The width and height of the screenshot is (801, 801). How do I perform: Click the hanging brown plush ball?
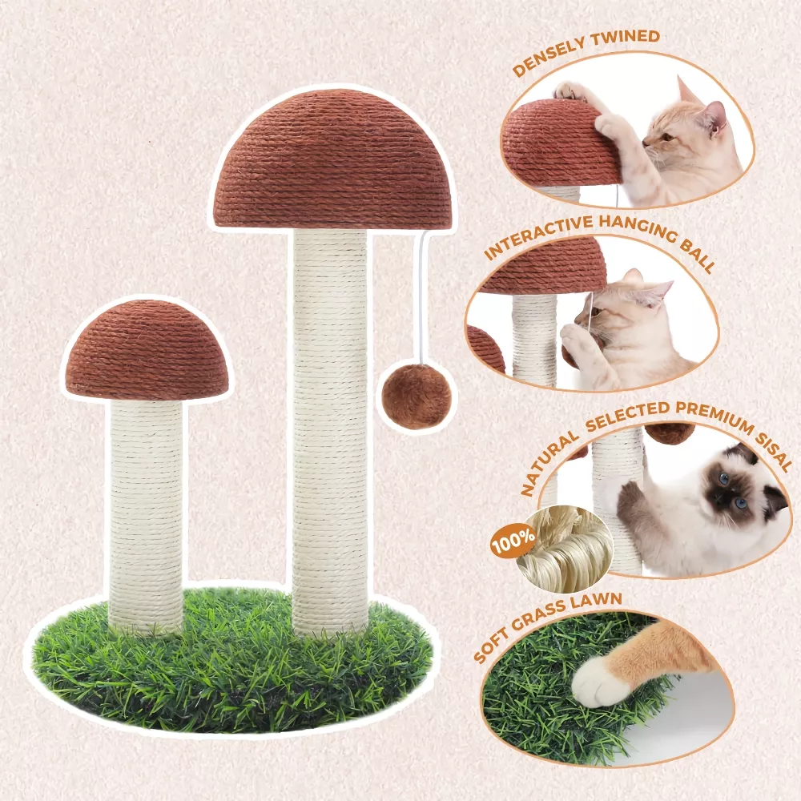(417, 396)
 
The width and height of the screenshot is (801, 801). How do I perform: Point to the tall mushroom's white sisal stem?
(330, 432)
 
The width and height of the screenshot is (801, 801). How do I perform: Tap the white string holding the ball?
(421, 296)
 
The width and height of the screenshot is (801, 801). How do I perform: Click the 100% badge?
(513, 541)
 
